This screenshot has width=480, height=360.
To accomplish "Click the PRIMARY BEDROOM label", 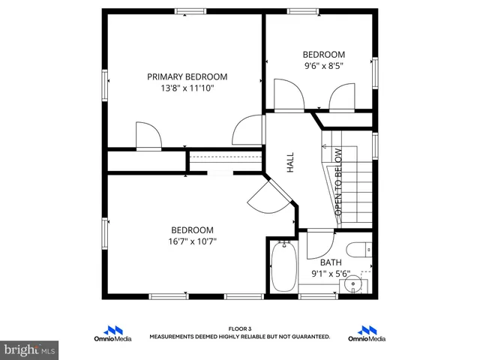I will tap(187, 76).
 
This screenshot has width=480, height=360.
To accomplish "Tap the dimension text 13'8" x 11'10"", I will tap(187, 88).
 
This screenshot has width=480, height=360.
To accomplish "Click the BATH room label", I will tap(331, 262).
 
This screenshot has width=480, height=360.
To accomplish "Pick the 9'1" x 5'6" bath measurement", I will tap(331, 274).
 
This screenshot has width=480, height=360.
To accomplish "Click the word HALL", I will tap(290, 163).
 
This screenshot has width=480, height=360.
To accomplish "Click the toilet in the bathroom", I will tap(357, 249).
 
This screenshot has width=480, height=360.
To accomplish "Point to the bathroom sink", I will tap(352, 285).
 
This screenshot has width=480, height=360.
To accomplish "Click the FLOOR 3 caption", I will tap(240, 328).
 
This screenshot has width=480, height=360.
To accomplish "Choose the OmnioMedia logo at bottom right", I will tap(367, 334).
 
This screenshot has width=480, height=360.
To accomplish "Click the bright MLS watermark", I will tap(30, 349).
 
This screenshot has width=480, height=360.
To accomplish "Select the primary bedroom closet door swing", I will tap(148, 136).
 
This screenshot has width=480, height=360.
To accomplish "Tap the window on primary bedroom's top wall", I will tap(191, 11).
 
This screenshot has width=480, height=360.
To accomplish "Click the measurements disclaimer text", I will tap(240, 337).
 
